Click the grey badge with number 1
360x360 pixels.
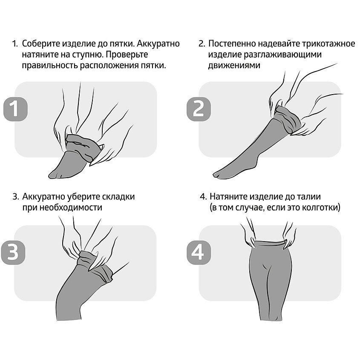tap(15, 109)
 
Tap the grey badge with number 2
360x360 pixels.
tap(199, 109)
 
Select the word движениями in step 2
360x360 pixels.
tap(234, 65)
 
